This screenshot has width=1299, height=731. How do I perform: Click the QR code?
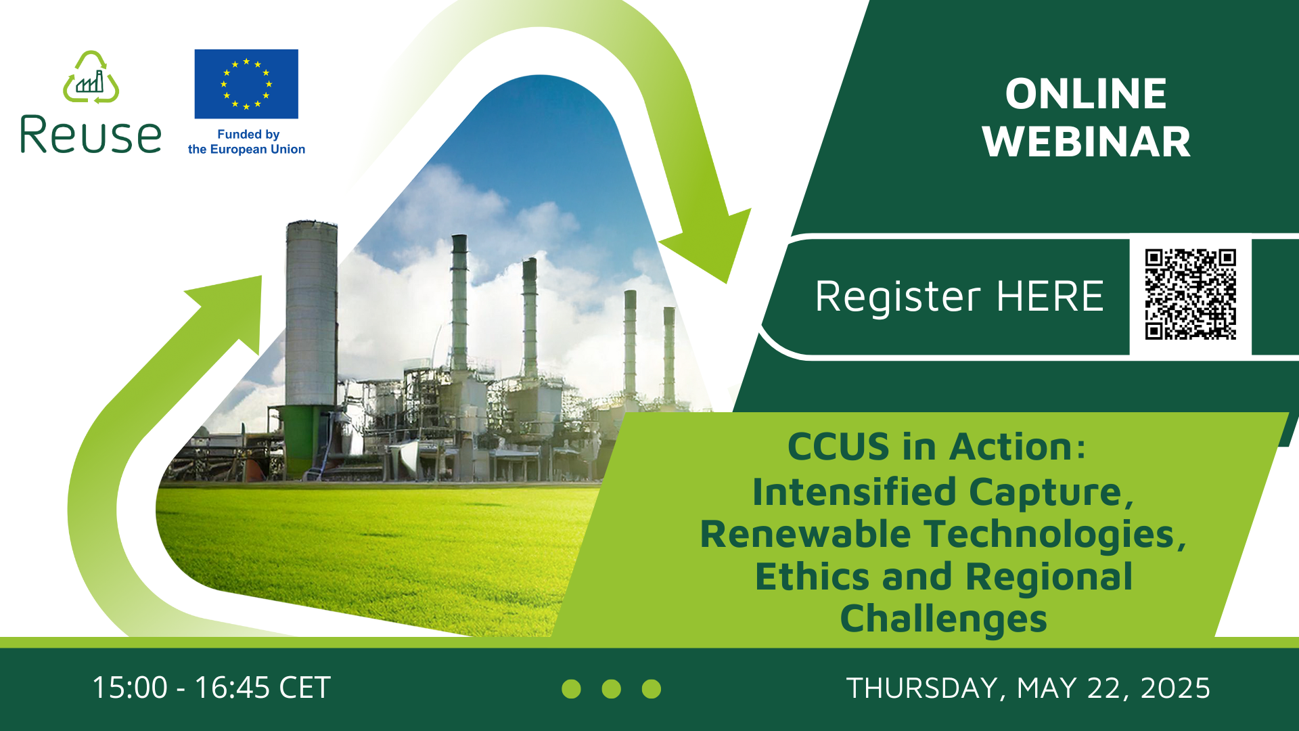[1190, 294]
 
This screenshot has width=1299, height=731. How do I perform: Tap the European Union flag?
[246, 84]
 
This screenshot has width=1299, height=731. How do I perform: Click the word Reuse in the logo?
[91, 135]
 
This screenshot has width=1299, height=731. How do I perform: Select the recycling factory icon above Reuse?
[91, 77]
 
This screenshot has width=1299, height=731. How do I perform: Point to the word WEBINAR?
[1087, 142]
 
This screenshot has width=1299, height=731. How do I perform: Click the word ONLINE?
[1086, 93]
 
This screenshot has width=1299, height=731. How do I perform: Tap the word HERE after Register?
[1050, 296]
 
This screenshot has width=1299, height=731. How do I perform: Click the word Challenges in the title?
[943, 619]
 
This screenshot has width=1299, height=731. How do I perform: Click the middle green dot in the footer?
[611, 689]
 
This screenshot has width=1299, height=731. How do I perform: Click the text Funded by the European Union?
[246, 142]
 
